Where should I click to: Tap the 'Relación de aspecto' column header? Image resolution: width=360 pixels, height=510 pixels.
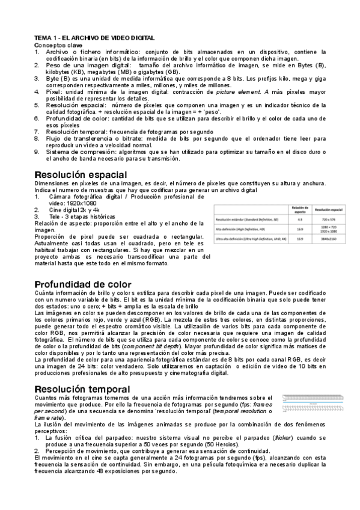[299, 210]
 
